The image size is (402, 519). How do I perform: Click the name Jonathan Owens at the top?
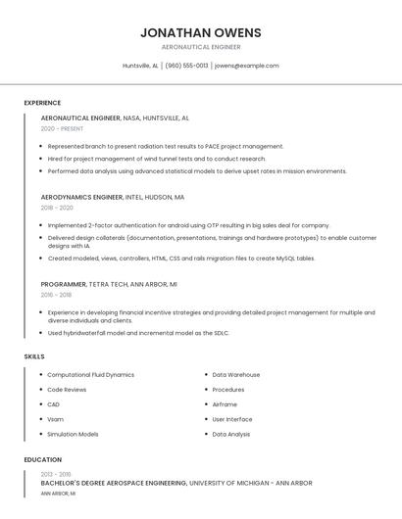point(201,32)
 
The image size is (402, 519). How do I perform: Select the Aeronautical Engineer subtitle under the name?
point(201,47)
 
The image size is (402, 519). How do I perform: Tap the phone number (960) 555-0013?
point(186,66)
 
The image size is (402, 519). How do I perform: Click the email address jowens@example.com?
point(247,66)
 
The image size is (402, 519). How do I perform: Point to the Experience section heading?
point(42,103)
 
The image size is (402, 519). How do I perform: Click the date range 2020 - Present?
point(62,128)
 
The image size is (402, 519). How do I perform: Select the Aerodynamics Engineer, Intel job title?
point(112,197)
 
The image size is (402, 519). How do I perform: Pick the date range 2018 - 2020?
point(57,208)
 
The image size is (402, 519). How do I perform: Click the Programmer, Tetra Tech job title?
point(108,284)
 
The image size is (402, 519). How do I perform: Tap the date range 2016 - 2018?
point(56,295)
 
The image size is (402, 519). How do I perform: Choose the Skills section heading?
point(34,356)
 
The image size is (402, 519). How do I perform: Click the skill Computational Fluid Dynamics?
point(90,375)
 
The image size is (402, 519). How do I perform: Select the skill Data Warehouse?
point(235,375)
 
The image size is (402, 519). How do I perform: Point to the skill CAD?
point(54,404)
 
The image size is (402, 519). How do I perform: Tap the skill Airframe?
point(225,404)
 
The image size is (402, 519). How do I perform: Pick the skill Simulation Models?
point(73,434)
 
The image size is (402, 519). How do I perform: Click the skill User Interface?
point(232,419)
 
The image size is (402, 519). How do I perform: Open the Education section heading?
point(42,459)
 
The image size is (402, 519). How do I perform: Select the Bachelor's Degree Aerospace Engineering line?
point(176,483)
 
